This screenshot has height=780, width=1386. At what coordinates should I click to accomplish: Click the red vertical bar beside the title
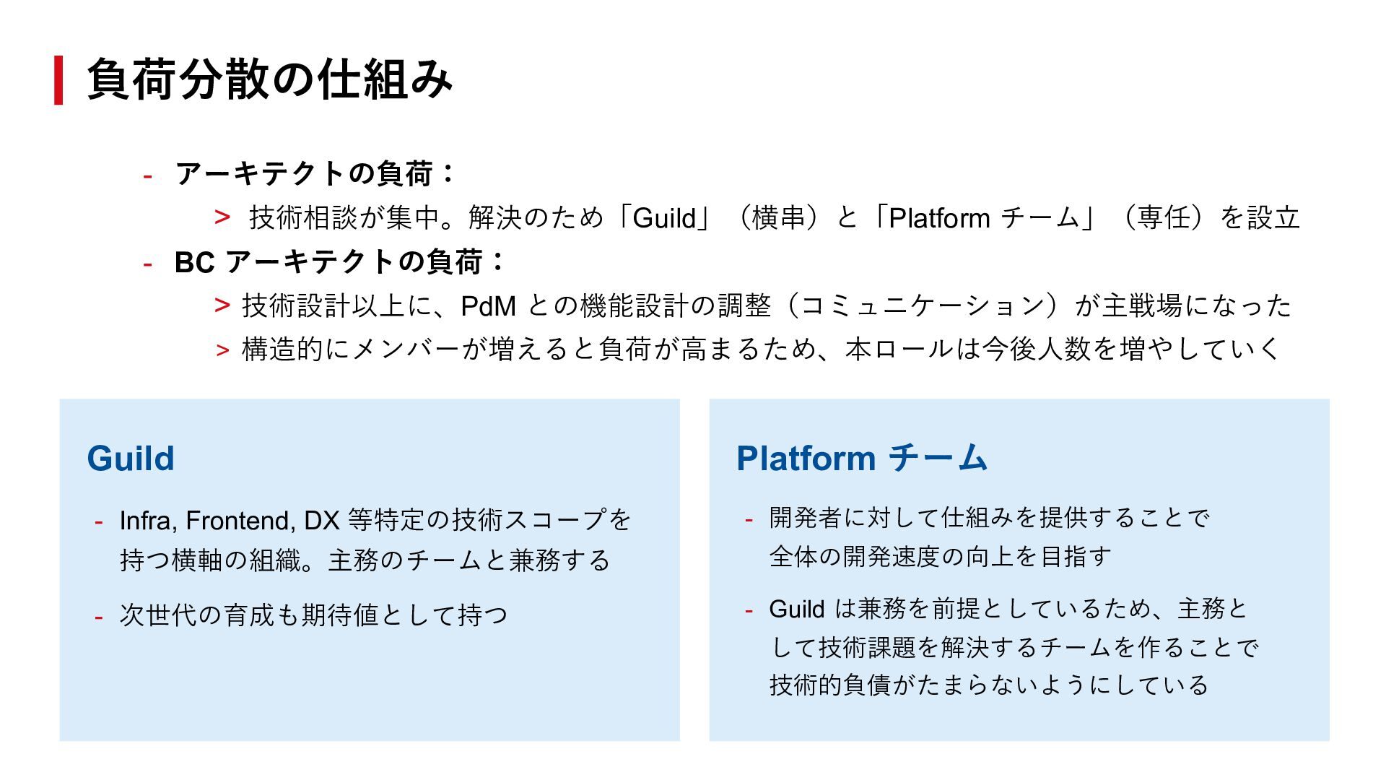point(58,80)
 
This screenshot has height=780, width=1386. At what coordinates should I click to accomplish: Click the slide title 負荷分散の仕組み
point(269,79)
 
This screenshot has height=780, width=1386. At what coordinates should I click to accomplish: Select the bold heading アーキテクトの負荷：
point(315,173)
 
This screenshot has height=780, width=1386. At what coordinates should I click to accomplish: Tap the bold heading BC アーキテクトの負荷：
point(339,261)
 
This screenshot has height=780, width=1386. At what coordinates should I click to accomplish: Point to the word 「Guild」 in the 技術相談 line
point(664,218)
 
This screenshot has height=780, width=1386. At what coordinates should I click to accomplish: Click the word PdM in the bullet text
point(488,306)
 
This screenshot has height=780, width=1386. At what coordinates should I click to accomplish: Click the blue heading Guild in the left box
point(131,459)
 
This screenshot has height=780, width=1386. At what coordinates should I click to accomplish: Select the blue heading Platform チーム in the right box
point(862,459)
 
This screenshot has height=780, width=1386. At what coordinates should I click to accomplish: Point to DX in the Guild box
point(321,521)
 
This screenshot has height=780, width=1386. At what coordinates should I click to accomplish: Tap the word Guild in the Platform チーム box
point(796,610)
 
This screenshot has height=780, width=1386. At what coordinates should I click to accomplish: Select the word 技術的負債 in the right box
point(830,685)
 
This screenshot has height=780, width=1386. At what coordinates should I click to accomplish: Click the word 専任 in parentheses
point(1163,218)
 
